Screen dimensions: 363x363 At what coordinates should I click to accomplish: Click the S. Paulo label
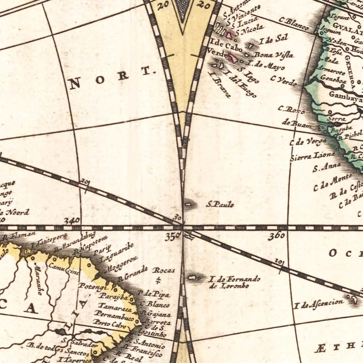pos(220,205)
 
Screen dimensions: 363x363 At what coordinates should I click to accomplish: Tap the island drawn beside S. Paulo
pos(188,204)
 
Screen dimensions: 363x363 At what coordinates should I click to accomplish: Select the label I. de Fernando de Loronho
pos(234,282)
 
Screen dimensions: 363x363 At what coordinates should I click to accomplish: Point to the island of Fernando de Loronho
pos(192,278)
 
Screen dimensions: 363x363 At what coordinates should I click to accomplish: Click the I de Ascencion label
pos(319,303)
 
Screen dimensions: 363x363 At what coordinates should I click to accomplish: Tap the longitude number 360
pos(276,236)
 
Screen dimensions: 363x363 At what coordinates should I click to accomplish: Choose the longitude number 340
pos(72,220)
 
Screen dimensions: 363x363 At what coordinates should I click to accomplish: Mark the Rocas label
pos(164,270)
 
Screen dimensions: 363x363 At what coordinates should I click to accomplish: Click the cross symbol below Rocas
pos(158,280)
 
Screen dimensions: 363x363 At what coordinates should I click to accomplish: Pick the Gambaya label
pos(345,95)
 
